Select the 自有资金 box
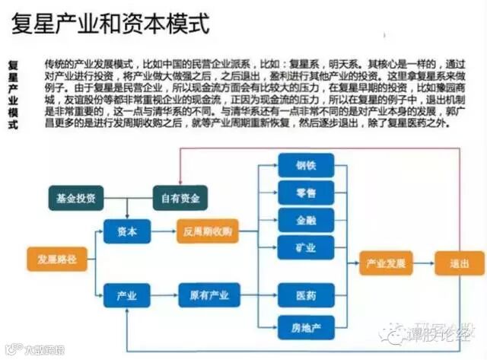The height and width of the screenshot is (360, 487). pyautogui.click(x=180, y=198)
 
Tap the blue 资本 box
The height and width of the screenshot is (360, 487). pyautogui.click(x=127, y=231)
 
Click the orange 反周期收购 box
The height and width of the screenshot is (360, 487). pyautogui.click(x=208, y=231)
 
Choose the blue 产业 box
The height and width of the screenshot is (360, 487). pyautogui.click(x=127, y=293)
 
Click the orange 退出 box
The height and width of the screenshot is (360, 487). pyautogui.click(x=459, y=263)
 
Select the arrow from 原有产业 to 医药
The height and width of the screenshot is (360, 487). pyautogui.click(x=258, y=294)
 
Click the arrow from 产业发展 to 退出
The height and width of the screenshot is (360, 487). pyautogui.click(x=425, y=263)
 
